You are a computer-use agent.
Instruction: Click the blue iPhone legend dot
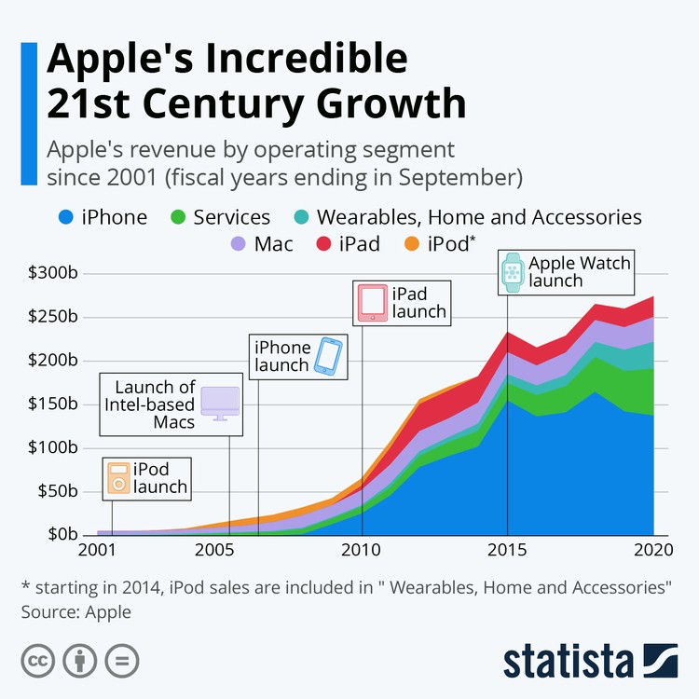click(x=65, y=217)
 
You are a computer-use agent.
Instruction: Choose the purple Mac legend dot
click(x=238, y=245)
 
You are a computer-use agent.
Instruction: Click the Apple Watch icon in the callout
click(x=511, y=271)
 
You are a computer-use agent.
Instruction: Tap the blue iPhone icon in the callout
click(x=327, y=355)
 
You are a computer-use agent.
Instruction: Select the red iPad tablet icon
click(x=373, y=303)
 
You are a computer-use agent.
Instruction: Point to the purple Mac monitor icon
click(x=220, y=402)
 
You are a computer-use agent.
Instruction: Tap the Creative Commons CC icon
click(x=38, y=661)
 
